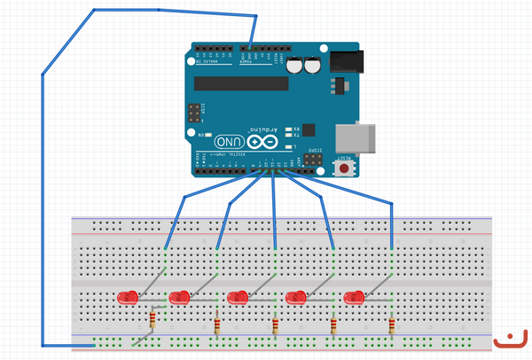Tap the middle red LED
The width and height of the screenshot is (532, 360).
[238, 297]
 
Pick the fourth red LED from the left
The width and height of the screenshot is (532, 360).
[295, 296]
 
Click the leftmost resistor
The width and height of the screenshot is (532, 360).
[157, 319]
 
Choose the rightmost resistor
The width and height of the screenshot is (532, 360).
[391, 328]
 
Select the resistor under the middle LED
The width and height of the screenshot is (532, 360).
[275, 328]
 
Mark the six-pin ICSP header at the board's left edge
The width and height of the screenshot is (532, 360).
[192, 114]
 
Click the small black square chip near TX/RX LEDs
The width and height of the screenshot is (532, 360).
[308, 129]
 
